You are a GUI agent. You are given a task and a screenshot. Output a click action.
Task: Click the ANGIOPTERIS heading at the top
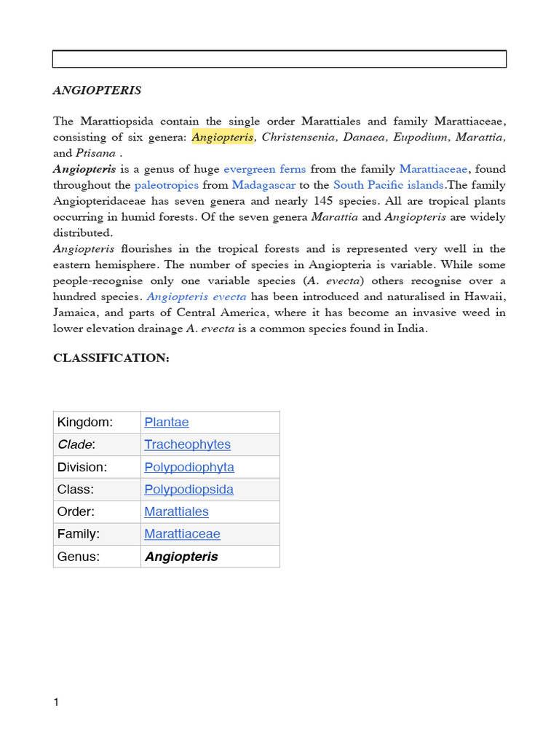click(98, 91)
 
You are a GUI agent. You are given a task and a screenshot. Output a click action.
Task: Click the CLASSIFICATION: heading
click(111, 358)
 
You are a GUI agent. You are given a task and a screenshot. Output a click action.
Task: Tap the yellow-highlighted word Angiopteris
click(223, 137)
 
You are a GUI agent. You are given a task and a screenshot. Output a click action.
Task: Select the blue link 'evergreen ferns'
click(265, 169)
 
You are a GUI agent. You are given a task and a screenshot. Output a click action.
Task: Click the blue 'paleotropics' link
click(167, 185)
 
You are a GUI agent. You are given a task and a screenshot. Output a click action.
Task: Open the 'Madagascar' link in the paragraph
click(263, 185)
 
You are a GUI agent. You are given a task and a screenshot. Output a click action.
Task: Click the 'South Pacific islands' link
click(389, 185)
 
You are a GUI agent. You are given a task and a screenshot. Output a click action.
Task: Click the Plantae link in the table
click(167, 423)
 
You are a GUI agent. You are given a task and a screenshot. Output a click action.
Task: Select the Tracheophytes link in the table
click(188, 444)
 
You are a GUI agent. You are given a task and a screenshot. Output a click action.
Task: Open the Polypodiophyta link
click(189, 467)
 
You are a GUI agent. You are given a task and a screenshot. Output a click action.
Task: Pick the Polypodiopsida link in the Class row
click(189, 490)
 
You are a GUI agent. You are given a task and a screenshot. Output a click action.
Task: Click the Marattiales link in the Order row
click(177, 511)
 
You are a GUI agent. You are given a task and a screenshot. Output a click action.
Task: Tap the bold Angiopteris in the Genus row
click(181, 557)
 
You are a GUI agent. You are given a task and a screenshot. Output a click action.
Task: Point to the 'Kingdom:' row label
click(85, 423)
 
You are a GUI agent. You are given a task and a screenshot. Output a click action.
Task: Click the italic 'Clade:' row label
click(76, 444)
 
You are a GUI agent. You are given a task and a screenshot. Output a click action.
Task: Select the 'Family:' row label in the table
click(79, 534)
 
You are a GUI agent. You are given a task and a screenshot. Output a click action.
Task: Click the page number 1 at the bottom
click(56, 702)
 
